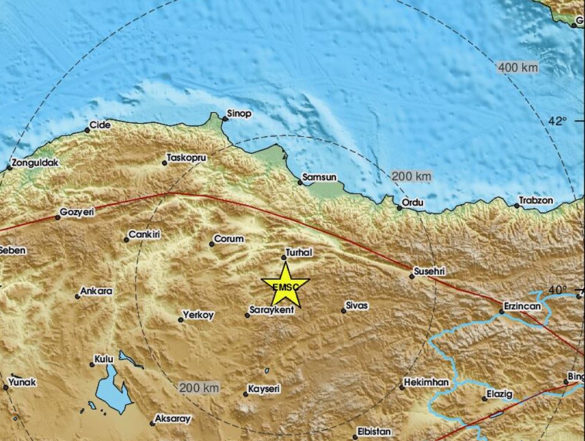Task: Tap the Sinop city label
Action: pos(239,113)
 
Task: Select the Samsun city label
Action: pos(320,177)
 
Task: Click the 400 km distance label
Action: pos(517,68)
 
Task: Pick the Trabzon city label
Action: pos(536,201)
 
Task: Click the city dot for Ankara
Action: pos(78,296)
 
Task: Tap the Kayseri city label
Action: pos(265,389)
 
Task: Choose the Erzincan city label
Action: pos(522,306)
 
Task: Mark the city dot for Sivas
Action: pos(344,311)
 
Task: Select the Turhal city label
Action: pos(299,253)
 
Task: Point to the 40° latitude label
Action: pos(557,290)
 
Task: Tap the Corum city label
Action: pos(229,239)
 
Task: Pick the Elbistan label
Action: pos(374,431)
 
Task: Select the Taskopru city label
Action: pos(186,158)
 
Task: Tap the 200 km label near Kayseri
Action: pos(200,388)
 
